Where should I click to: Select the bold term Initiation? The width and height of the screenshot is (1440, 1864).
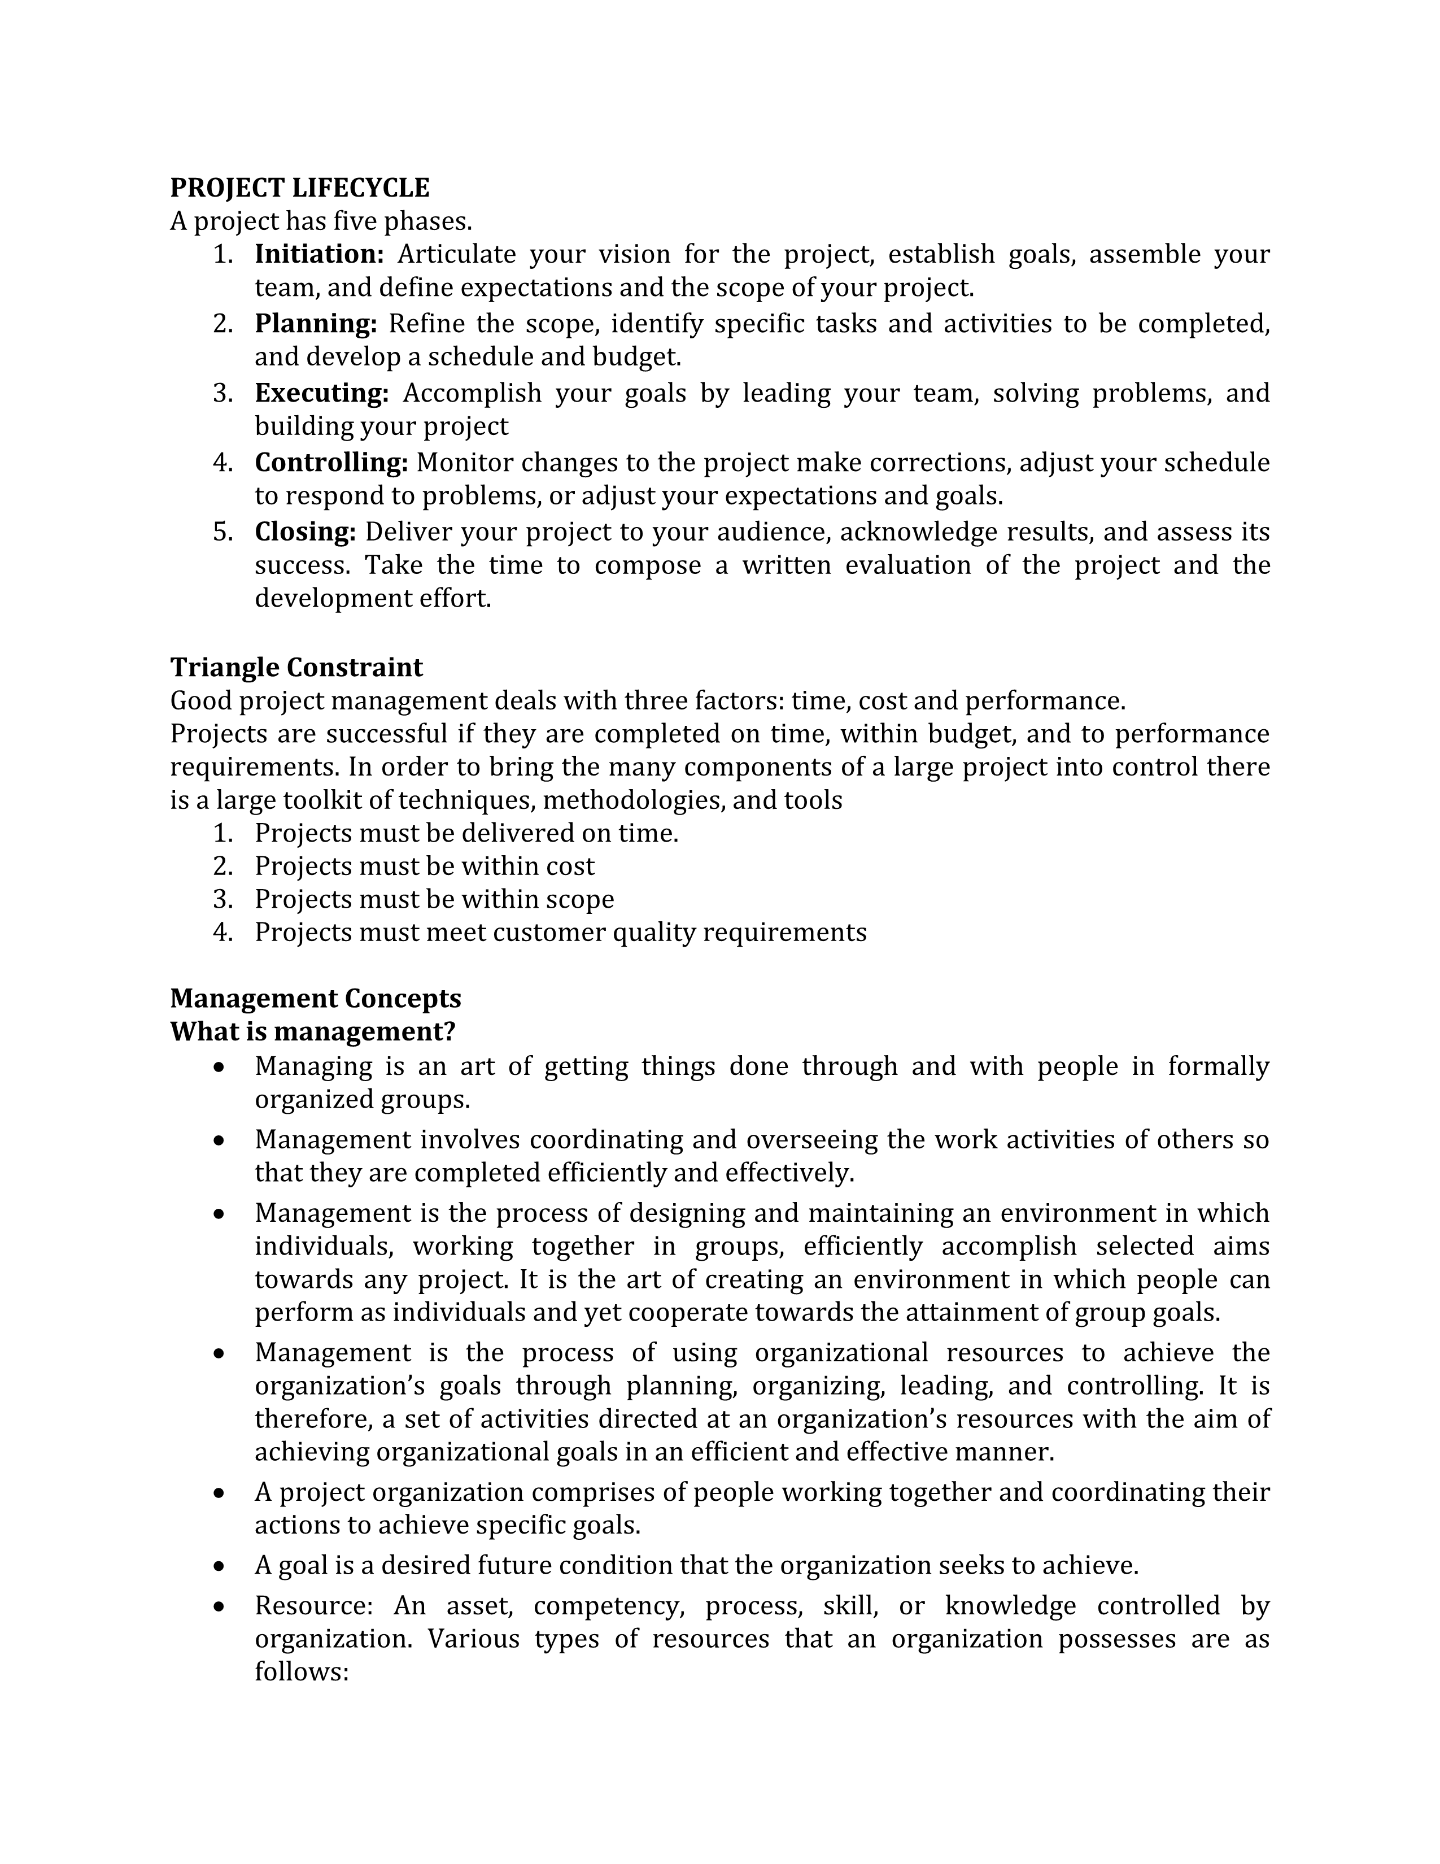pyautogui.click(x=320, y=254)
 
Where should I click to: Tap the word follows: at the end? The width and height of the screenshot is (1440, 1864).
pyautogui.click(x=302, y=1671)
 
